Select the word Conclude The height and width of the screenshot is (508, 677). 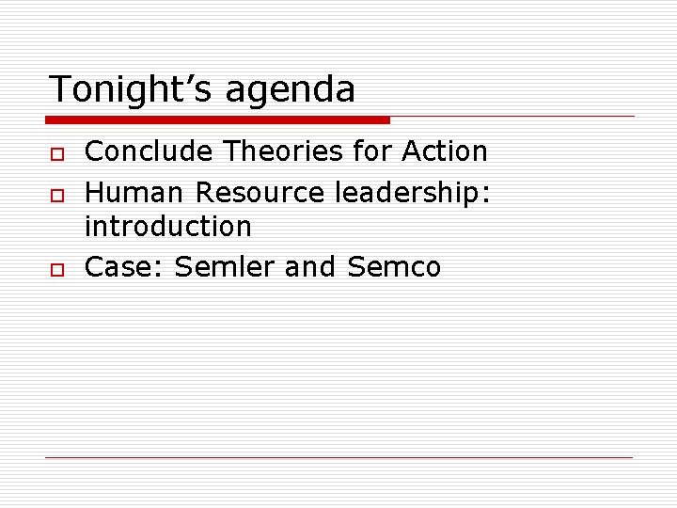pyautogui.click(x=141, y=151)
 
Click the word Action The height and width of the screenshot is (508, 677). pyautogui.click(x=445, y=151)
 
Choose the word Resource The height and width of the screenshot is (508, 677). pyautogui.click(x=260, y=193)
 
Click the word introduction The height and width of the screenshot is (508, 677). pyautogui.click(x=168, y=227)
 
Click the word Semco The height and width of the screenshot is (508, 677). pyautogui.click(x=394, y=267)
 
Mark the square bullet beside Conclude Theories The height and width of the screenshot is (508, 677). pyautogui.click(x=57, y=152)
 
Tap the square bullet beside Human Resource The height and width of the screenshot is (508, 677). pyautogui.click(x=57, y=194)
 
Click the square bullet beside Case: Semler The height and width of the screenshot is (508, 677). pyautogui.click(x=57, y=268)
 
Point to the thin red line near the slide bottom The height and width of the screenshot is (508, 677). pyautogui.click(x=339, y=457)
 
